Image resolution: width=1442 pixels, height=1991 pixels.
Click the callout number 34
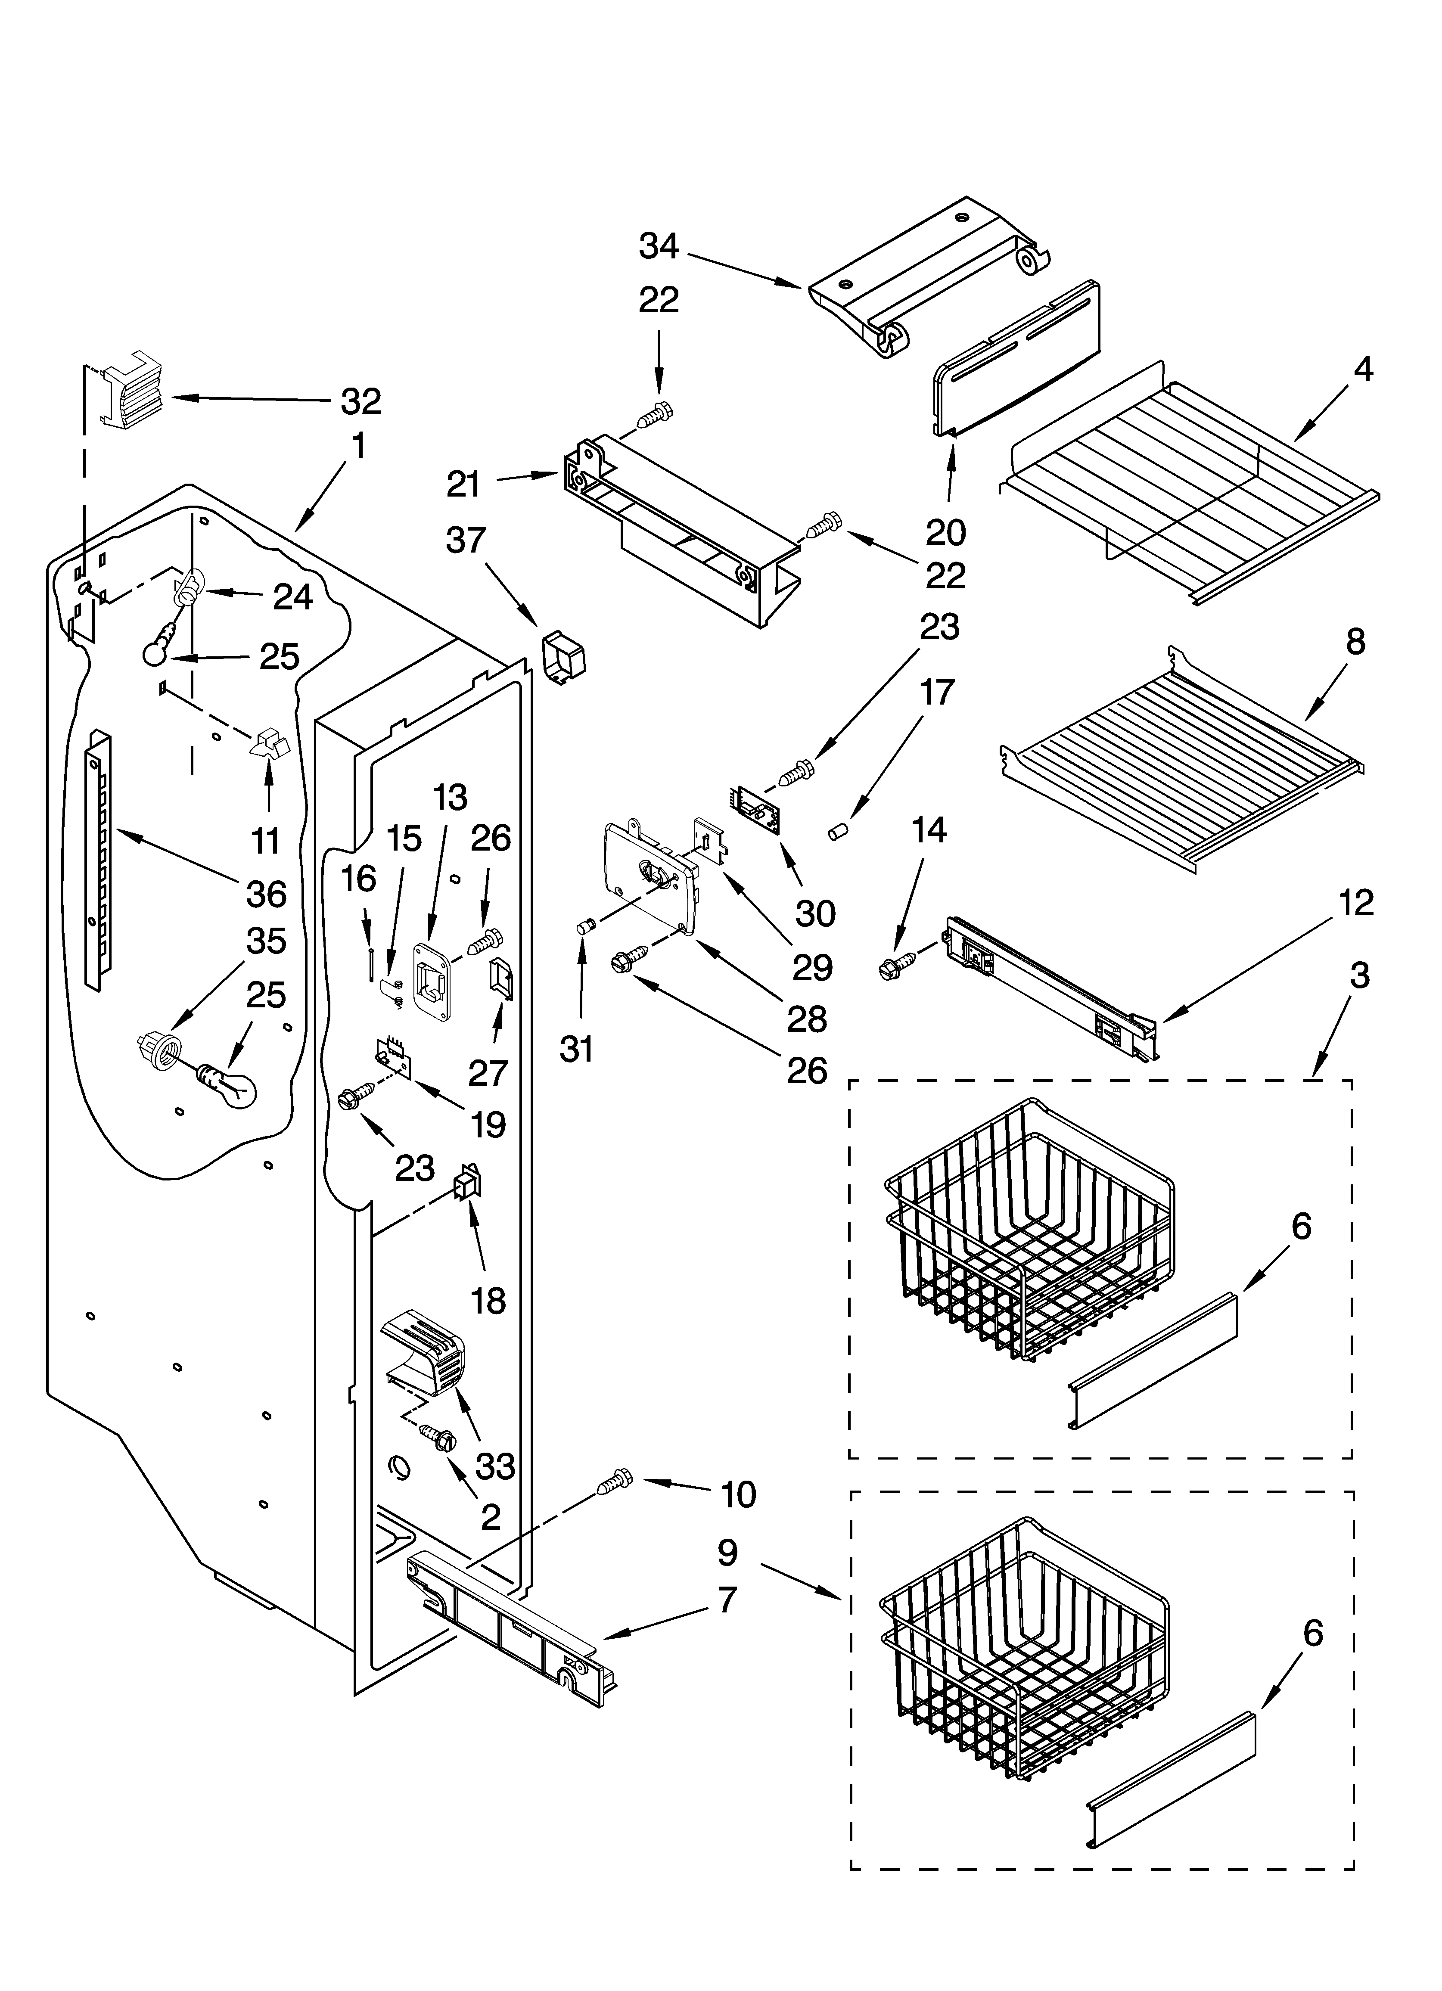click(x=659, y=247)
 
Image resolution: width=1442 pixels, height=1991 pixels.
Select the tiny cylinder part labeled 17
click(x=837, y=830)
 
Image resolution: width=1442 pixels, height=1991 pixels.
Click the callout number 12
click(x=1357, y=902)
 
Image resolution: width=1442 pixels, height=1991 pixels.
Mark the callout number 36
click(x=266, y=894)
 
